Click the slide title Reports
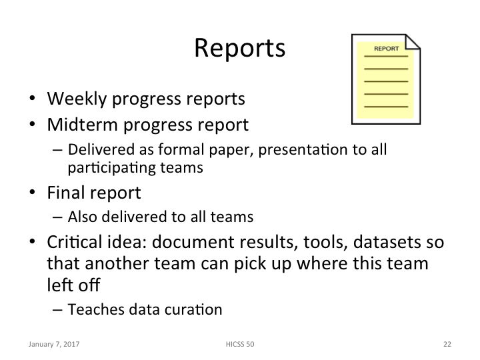(x=239, y=49)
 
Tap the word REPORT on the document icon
(x=387, y=49)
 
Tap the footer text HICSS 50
(x=240, y=345)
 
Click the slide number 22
(x=447, y=345)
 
